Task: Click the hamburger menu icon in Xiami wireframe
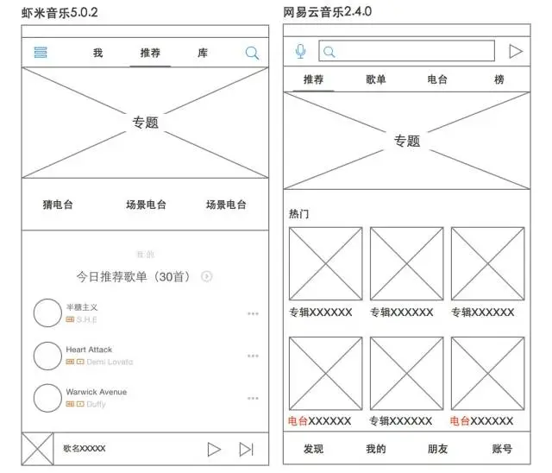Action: tap(41, 53)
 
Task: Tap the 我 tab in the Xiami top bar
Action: tap(97, 53)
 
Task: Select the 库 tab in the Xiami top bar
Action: tap(203, 53)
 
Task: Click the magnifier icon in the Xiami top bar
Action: tap(252, 53)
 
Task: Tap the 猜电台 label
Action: tap(58, 205)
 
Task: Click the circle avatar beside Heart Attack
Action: tap(47, 356)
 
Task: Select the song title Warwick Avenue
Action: tap(96, 392)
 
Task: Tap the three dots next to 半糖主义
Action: tap(253, 313)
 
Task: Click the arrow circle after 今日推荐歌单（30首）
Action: tap(207, 276)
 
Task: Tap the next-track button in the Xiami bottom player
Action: tap(247, 449)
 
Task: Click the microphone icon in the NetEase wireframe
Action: tap(300, 52)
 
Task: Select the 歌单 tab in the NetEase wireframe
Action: tap(376, 79)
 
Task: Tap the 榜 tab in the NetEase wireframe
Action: tap(499, 79)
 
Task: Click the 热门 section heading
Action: tap(298, 212)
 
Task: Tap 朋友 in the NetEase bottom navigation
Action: tap(438, 449)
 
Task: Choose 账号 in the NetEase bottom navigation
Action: tap(502, 449)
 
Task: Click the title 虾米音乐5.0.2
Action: tap(59, 12)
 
